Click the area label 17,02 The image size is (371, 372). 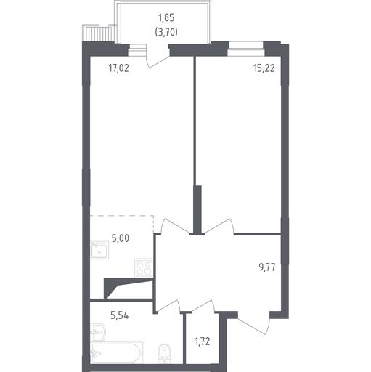[x=118, y=68]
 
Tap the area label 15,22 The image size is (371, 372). [x=264, y=68]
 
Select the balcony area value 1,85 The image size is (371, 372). [x=166, y=17]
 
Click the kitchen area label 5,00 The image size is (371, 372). [x=121, y=238]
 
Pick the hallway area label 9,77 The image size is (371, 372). [x=267, y=267]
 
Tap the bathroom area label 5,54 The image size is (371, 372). [x=120, y=315]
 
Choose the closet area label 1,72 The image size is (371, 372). [x=203, y=341]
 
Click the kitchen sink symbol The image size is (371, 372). [x=99, y=250]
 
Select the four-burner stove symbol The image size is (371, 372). [x=144, y=267]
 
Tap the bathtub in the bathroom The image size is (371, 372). [x=116, y=352]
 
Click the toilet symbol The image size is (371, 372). [x=164, y=353]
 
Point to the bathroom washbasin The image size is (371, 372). [x=98, y=333]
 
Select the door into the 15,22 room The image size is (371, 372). [x=219, y=227]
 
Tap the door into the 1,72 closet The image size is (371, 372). [x=204, y=306]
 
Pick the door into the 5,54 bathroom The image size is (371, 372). [x=168, y=306]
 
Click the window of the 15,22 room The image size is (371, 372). [x=246, y=49]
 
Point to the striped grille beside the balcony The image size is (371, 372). [x=98, y=34]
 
